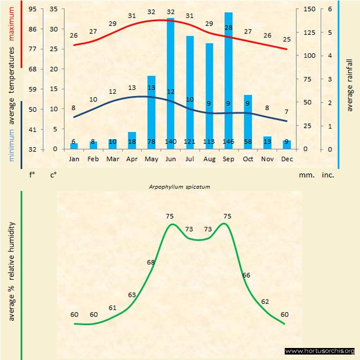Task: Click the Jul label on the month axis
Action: click(x=190, y=159)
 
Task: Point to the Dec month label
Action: click(x=286, y=159)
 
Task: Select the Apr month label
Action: click(x=132, y=159)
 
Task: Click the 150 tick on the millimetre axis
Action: click(x=309, y=9)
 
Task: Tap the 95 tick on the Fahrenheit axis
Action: click(x=33, y=9)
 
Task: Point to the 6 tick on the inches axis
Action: click(x=329, y=9)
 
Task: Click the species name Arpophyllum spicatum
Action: click(x=179, y=186)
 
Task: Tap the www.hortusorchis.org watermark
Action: click(x=320, y=351)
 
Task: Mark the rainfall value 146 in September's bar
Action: click(x=229, y=142)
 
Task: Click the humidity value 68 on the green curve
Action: click(x=151, y=262)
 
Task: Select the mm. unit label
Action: click(x=305, y=175)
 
